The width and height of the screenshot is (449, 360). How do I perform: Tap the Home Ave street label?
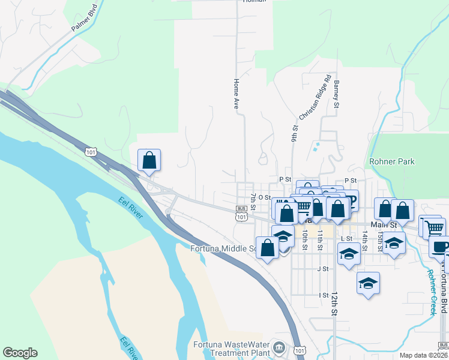[x=237, y=93]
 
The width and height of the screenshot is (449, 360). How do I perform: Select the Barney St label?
[x=337, y=95]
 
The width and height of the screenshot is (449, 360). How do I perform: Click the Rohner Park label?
[x=393, y=161]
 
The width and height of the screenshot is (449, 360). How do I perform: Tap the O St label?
[x=264, y=197]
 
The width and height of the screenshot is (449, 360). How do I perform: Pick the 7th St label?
[x=254, y=202]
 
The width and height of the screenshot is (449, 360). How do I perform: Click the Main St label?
[x=384, y=225]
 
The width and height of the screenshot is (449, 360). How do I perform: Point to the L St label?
[x=346, y=238]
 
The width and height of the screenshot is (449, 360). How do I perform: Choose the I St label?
[x=324, y=295]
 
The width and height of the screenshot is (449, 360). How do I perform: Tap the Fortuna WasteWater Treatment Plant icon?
[x=279, y=347]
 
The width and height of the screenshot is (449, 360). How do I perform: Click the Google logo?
[x=20, y=353]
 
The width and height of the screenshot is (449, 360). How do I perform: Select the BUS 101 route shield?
[x=241, y=212]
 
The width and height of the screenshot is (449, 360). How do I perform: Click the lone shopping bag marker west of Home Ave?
[x=149, y=161]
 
